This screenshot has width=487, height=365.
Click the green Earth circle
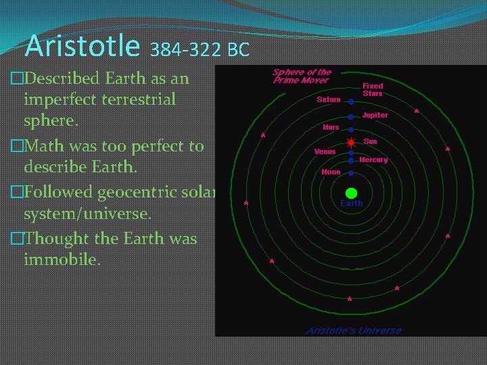pyautogui.click(x=351, y=193)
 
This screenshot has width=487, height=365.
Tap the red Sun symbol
pyautogui.click(x=351, y=143)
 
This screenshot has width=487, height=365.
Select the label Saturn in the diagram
pyautogui.click(x=329, y=100)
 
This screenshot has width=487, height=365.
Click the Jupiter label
pyautogui.click(x=375, y=116)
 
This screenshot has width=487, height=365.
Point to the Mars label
pyautogui.click(x=331, y=127)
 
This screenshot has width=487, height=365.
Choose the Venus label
pyautogui.click(x=325, y=151)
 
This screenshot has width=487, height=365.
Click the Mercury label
pyautogui.click(x=373, y=160)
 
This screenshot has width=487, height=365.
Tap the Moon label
pyautogui.click(x=331, y=172)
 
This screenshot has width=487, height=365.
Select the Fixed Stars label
pyautogui.click(x=373, y=90)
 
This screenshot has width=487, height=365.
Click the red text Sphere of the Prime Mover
pyautogui.click(x=301, y=76)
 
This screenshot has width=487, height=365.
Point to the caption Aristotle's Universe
pyautogui.click(x=353, y=331)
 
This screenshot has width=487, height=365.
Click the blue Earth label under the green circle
pyautogui.click(x=351, y=203)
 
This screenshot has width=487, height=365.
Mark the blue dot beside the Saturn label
pyautogui.click(x=351, y=101)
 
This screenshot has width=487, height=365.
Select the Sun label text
pyautogui.click(x=370, y=141)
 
